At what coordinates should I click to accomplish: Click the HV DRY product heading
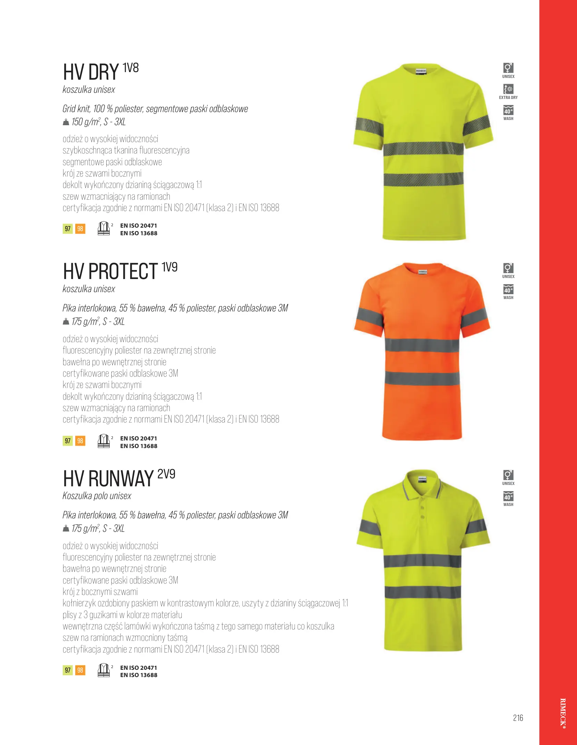point(91,72)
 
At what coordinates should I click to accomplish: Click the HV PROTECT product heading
point(110,271)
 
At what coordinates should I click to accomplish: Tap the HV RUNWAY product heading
point(108,479)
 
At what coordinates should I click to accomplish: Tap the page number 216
point(518,718)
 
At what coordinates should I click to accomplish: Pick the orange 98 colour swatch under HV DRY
point(80,229)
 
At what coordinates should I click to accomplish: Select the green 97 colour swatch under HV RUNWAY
point(68,670)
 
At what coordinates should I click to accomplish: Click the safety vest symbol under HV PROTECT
point(104,441)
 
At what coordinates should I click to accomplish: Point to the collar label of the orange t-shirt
point(423,272)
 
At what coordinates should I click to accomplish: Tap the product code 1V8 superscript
point(131,68)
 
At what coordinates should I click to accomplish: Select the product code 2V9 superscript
point(166,474)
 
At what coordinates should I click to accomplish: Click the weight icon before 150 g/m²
point(66,122)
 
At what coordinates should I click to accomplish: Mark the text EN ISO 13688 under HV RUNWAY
point(139,675)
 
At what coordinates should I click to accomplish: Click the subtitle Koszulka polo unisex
point(97,496)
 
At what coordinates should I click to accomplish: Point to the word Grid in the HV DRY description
point(69,109)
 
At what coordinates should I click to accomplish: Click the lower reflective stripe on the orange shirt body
point(422,378)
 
